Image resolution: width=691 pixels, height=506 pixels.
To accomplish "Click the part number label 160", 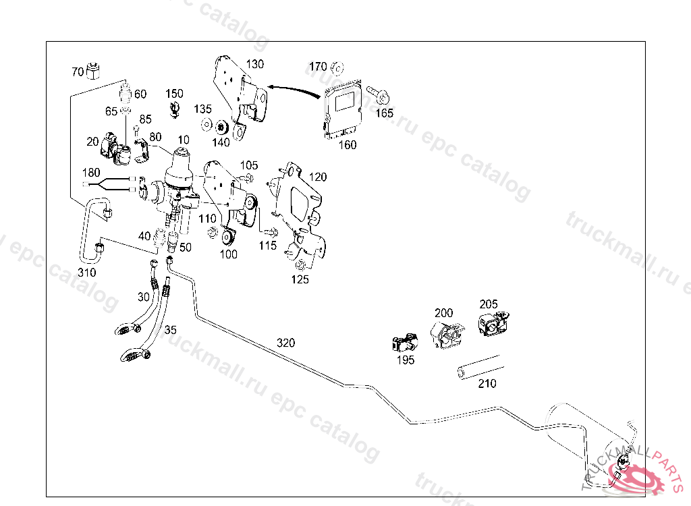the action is [348, 144].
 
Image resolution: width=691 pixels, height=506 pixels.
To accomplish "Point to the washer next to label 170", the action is [337, 68].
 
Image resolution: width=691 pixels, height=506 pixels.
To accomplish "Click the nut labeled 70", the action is [93, 71].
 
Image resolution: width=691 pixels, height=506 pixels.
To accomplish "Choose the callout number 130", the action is [254, 64].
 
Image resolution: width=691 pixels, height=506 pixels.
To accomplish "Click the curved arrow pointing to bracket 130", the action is [294, 89].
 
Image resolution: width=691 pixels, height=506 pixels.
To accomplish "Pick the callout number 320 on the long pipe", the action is [285, 343].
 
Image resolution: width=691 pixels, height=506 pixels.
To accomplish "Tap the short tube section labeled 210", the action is [480, 367].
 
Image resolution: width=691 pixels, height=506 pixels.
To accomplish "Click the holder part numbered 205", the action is [493, 324].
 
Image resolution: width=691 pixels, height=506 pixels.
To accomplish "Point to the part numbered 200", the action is [447, 335].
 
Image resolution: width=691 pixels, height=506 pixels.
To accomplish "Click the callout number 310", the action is [87, 273].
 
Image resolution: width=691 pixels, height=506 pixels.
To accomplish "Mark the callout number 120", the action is [318, 177].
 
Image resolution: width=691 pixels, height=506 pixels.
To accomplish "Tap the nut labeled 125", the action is [300, 265].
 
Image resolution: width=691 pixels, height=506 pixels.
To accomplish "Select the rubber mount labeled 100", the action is [228, 237].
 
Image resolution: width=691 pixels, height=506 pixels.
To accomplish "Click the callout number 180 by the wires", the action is [91, 172].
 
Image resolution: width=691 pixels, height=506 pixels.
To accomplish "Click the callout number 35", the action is [171, 330].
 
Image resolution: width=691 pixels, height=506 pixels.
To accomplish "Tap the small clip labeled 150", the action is [175, 109].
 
